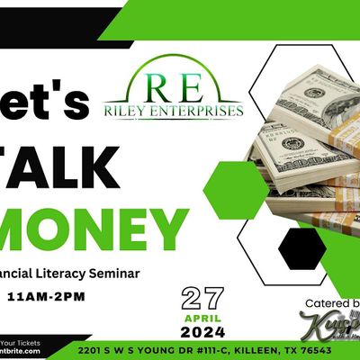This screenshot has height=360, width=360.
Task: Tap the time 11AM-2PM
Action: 46,295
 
